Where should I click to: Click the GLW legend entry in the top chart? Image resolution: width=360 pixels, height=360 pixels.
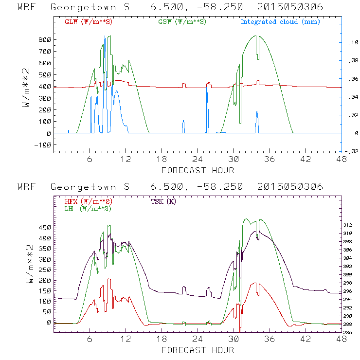coord(88,22)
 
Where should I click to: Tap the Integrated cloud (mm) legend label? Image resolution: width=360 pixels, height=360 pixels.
coord(280,22)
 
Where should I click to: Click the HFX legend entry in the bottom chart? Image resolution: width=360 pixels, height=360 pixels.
coord(88,201)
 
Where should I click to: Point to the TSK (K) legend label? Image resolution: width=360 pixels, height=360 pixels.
coord(165,201)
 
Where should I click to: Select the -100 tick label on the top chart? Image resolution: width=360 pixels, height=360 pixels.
coord(43,145)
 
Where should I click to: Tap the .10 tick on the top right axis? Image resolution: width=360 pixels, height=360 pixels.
coord(353,42)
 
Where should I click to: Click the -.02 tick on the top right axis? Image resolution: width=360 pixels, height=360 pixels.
coord(352,151)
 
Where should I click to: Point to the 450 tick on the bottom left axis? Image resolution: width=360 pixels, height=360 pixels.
coord(45,228)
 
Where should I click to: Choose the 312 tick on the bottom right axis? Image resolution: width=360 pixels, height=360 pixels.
coord(352,225)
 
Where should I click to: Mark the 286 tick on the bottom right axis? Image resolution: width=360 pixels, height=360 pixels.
coord(352,333)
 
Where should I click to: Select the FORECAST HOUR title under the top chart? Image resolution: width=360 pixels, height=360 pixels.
coord(198,170)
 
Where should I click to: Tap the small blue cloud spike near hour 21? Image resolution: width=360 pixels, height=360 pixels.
coord(183,126)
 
